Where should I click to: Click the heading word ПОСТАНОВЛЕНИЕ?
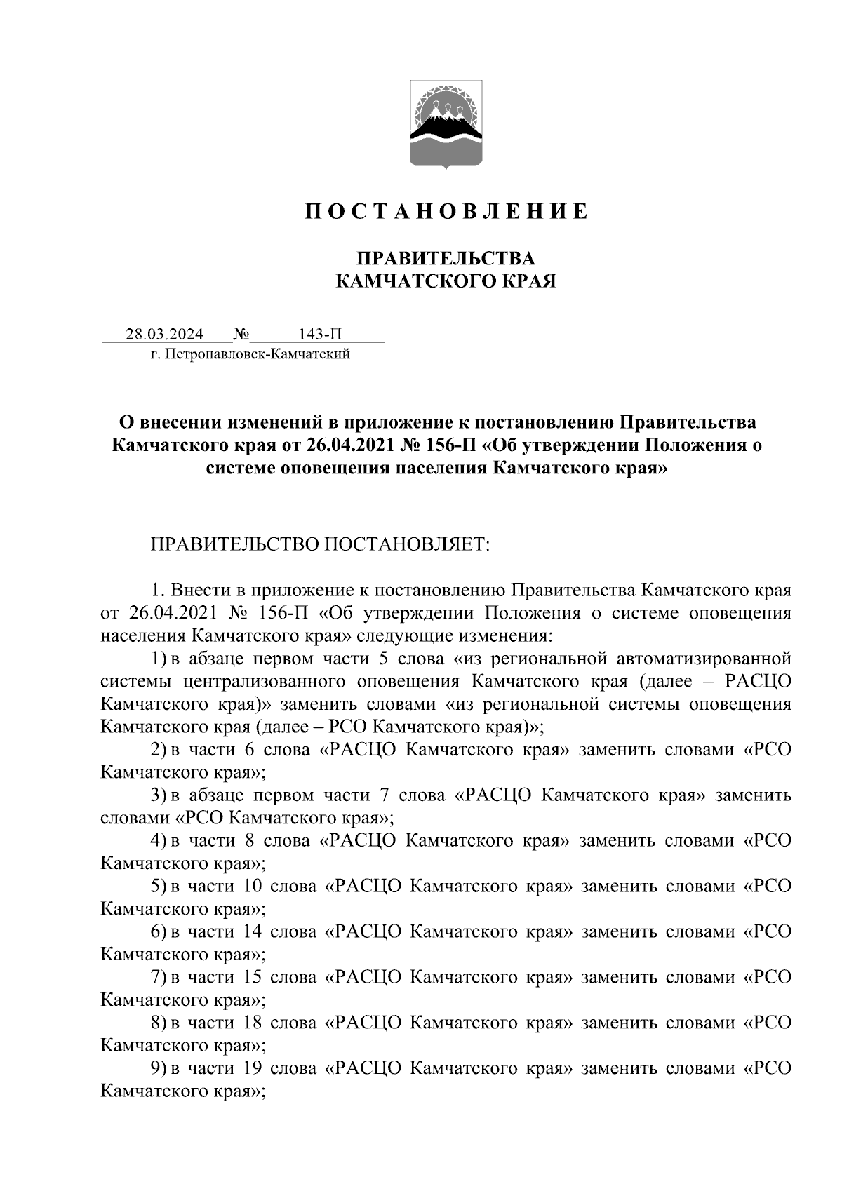coord(446,211)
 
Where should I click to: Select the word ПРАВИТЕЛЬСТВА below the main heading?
coord(446,259)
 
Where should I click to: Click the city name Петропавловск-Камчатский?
coord(255,355)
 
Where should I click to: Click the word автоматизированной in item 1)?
coord(704,659)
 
